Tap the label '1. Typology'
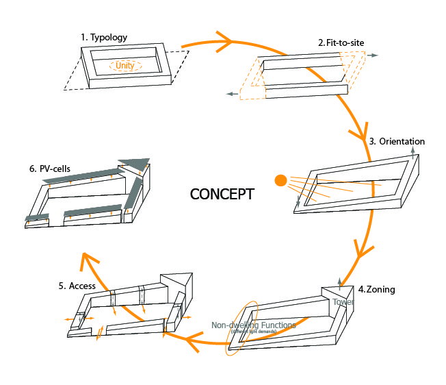point(104,36)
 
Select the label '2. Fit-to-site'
point(341,42)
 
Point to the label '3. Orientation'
point(397,142)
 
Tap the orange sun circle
point(280,181)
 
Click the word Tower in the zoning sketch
point(344,301)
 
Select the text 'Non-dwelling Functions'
point(253,325)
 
